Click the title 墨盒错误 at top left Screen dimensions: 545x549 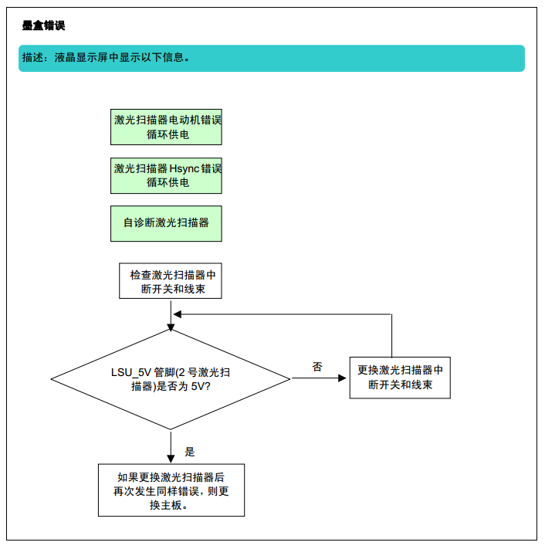pyautogui.click(x=43, y=25)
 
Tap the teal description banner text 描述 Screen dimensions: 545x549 pyautogui.click(x=33, y=57)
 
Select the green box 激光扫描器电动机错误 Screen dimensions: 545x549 pyautogui.click(x=166, y=127)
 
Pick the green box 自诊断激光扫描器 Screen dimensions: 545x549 pyautogui.click(x=166, y=223)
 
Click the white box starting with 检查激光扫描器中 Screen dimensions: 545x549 pyautogui.click(x=171, y=281)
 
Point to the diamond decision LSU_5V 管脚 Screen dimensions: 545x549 pyautogui.click(x=171, y=380)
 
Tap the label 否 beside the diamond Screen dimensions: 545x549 pyautogui.click(x=317, y=367)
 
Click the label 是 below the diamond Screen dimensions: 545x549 pyautogui.click(x=190, y=452)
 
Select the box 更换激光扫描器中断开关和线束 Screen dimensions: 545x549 pyautogui.click(x=400, y=378)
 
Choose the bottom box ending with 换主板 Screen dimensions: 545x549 pyautogui.click(x=171, y=490)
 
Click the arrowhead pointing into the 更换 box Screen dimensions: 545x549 pyautogui.click(x=342, y=378)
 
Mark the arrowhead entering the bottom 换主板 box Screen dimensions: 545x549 pyautogui.click(x=171, y=459)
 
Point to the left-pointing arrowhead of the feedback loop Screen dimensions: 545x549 pyautogui.click(x=178, y=314)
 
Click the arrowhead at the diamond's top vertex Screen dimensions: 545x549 pyautogui.click(x=171, y=327)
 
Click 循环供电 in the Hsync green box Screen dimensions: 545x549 pyautogui.click(x=168, y=182)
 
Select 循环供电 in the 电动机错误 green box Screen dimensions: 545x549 pyautogui.click(x=168, y=134)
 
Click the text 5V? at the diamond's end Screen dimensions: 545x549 pyautogui.click(x=201, y=387)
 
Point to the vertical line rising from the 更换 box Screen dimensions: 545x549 pyautogui.click(x=391, y=335)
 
